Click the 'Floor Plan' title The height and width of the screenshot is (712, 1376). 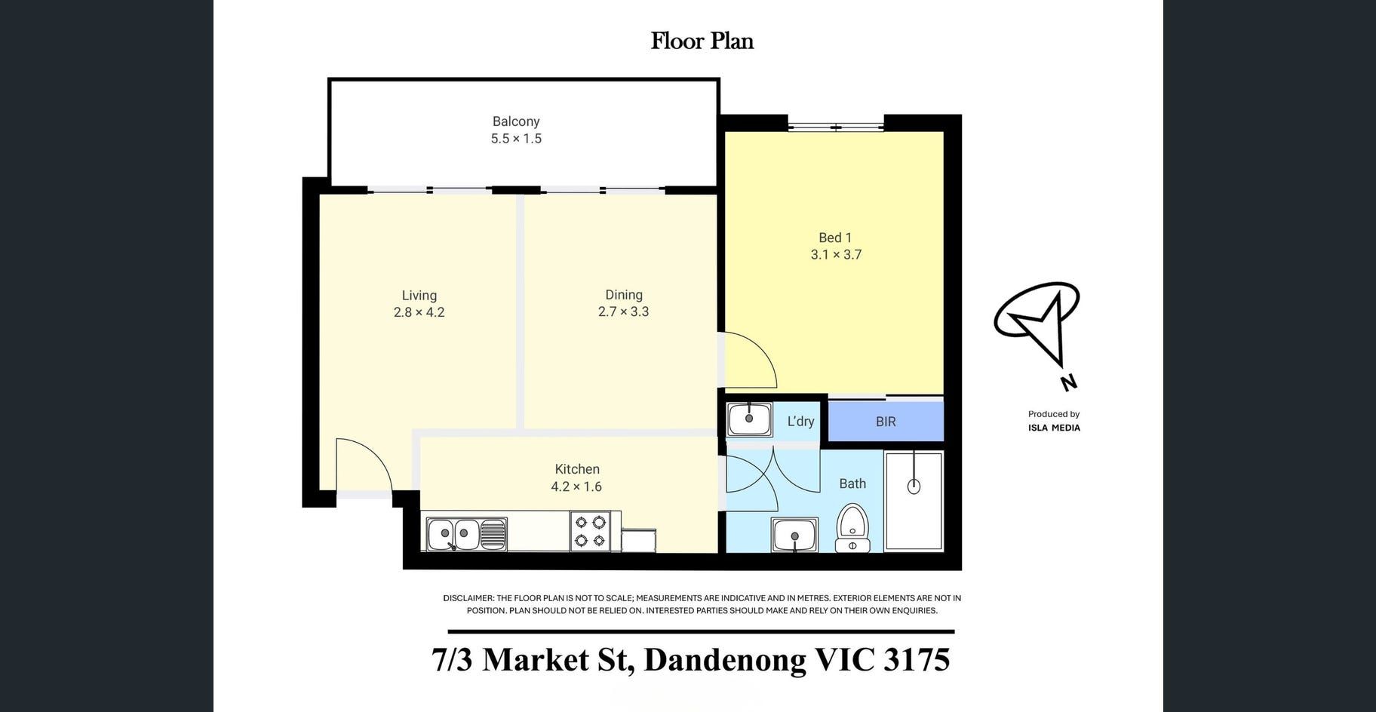point(702,41)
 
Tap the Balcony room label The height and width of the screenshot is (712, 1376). point(516,121)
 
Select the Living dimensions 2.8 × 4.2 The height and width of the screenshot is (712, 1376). point(419,312)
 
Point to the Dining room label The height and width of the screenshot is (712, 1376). point(624,295)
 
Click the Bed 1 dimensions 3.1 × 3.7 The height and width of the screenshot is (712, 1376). point(836,255)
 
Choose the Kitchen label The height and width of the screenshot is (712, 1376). point(577,469)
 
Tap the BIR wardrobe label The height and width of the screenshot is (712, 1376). point(886,422)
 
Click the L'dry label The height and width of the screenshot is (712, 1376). point(800,422)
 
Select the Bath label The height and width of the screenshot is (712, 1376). point(852,483)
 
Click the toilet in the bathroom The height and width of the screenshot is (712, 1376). point(853,529)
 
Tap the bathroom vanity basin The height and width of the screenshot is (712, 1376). point(794,535)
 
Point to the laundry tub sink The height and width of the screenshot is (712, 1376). point(748,419)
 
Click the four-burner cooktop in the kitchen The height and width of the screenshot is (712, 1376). point(590,531)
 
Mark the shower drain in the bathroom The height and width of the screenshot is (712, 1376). point(914,486)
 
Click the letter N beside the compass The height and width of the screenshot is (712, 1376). point(1068,382)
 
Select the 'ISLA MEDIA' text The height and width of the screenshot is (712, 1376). point(1054,428)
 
